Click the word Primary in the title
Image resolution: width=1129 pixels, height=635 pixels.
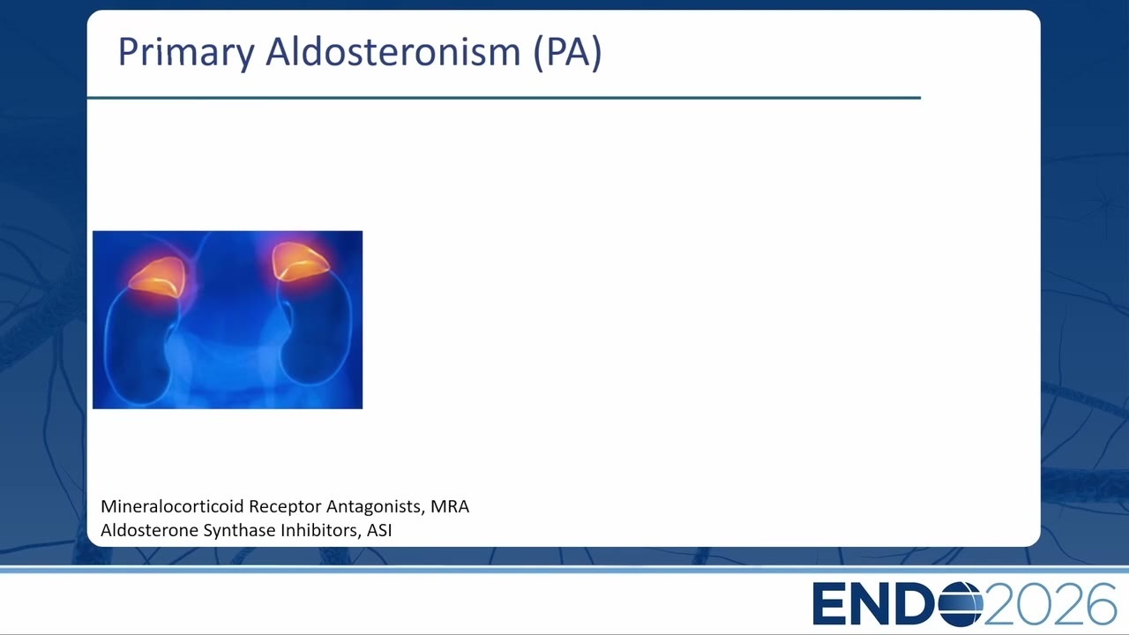[x=186, y=53]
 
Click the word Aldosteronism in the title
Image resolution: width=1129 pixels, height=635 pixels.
[x=393, y=51]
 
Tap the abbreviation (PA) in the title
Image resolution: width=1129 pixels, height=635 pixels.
[x=567, y=52]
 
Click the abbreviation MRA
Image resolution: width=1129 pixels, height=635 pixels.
[x=450, y=506]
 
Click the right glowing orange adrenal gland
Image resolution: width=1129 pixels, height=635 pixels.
[x=300, y=261]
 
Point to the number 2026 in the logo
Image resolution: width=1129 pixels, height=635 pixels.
[x=1050, y=604]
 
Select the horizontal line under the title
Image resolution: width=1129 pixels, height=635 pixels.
[x=504, y=98]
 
